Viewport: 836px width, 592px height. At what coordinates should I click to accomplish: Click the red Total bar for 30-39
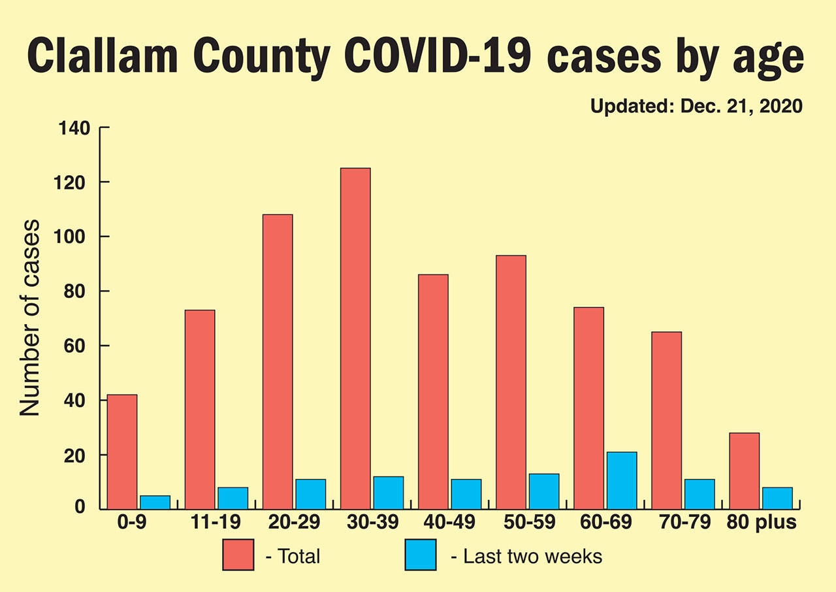355,338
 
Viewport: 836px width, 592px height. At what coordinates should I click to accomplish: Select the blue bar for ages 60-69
622,480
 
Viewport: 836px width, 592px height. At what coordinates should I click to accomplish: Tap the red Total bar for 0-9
122,452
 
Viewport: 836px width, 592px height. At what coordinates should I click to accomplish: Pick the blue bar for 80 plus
777,498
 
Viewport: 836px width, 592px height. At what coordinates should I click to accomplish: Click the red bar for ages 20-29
278,361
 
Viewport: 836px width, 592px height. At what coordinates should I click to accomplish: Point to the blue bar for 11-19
233,498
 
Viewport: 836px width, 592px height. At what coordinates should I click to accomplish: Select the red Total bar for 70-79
667,420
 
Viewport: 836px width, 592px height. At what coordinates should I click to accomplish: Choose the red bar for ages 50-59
511,382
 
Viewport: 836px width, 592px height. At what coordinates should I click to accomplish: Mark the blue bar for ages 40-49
466,494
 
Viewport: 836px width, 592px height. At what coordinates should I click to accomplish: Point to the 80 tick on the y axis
77,291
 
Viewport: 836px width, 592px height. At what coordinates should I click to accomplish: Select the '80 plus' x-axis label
763,523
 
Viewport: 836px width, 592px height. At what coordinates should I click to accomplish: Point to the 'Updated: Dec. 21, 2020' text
696,107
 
